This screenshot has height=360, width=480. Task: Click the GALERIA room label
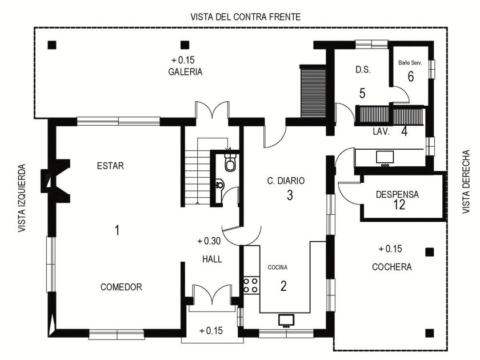[x=185, y=72]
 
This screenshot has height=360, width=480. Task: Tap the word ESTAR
[x=110, y=166]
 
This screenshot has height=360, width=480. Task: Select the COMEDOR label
[x=121, y=287]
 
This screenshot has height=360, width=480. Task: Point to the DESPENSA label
[x=397, y=194]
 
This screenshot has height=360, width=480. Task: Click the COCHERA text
[x=392, y=267]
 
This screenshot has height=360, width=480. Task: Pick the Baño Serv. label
[x=410, y=63]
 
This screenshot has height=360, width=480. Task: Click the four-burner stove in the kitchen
[x=251, y=285]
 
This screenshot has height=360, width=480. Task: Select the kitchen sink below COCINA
[x=286, y=320]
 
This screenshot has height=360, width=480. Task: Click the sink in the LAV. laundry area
[x=385, y=157]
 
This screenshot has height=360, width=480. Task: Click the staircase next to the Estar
[x=198, y=171]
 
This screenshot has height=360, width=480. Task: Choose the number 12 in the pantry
[x=399, y=205]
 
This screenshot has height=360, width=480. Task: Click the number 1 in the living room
[x=117, y=230]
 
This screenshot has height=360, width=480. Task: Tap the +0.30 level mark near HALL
[x=209, y=241]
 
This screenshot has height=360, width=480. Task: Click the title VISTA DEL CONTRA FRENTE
[x=246, y=17]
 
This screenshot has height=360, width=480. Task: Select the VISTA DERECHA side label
[x=466, y=182]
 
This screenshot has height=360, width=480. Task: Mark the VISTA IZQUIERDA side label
[x=22, y=198]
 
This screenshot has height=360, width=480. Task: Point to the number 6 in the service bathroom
[x=411, y=77]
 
